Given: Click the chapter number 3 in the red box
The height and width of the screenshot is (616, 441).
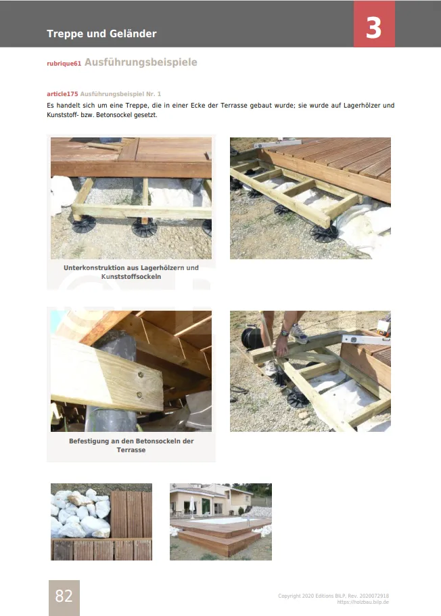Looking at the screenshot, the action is pyautogui.click(x=373, y=28).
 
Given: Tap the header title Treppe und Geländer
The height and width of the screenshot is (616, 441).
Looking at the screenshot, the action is pyautogui.click(x=101, y=34).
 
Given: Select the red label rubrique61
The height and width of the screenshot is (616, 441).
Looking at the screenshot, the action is pyautogui.click(x=64, y=64).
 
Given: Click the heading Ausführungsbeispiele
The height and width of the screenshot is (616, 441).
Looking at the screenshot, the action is pyautogui.click(x=141, y=62).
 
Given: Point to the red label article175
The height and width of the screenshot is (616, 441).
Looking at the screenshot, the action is pyautogui.click(x=62, y=94).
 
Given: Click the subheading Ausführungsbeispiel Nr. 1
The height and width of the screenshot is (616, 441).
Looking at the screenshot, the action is pyautogui.click(x=120, y=94).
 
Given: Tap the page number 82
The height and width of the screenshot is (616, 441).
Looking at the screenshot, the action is pyautogui.click(x=64, y=596).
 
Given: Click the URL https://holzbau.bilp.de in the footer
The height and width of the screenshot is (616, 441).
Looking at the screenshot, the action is pyautogui.click(x=363, y=602).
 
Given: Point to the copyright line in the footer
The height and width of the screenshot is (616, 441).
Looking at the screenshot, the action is pyautogui.click(x=333, y=596).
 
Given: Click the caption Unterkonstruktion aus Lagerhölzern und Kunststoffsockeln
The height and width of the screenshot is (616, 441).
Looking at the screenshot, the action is pyautogui.click(x=131, y=272).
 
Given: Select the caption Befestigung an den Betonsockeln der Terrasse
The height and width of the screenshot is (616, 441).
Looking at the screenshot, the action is pyautogui.click(x=131, y=445).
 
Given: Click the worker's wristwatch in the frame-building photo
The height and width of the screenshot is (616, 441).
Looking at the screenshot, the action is pyautogui.click(x=284, y=334).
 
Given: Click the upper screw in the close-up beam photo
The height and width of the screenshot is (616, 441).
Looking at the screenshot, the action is pyautogui.click(x=141, y=375).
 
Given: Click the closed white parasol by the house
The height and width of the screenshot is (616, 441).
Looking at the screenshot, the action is pyautogui.click(x=192, y=506).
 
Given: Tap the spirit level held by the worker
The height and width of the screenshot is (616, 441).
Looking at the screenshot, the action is pyautogui.click(x=365, y=339).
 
